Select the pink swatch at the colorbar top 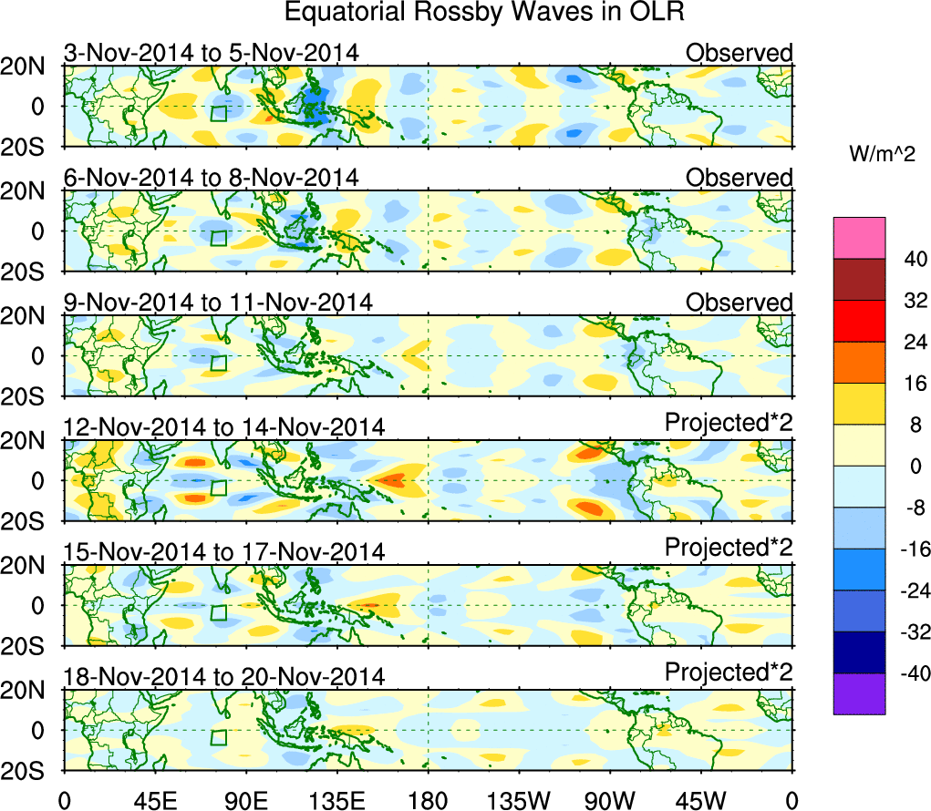tap(859, 238)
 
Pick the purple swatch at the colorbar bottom tap(859, 693)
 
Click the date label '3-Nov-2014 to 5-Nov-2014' tap(211, 54)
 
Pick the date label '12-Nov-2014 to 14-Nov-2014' tap(224, 426)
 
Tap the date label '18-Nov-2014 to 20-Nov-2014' tap(224, 676)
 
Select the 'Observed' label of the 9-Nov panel tap(740, 303)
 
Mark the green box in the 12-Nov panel tap(218, 488)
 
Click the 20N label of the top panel tap(31, 66)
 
